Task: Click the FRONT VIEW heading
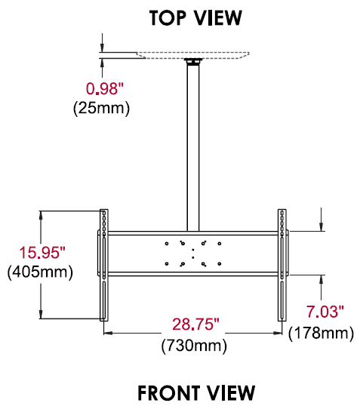[195, 392]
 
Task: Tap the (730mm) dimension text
[194, 346]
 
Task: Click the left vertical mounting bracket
[104, 264]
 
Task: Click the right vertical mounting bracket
[282, 264]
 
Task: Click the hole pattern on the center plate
[193, 253]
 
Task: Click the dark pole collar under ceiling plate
[193, 63]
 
